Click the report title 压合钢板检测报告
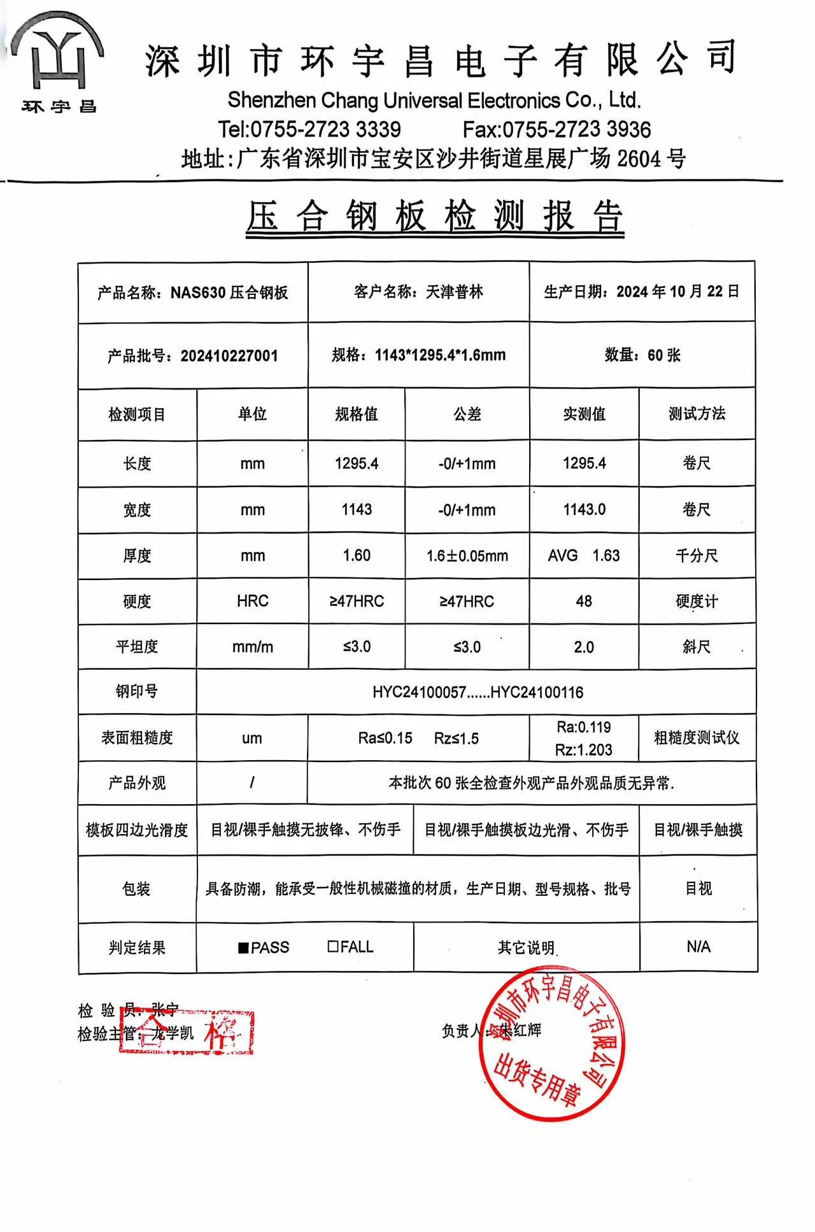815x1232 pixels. coord(434,216)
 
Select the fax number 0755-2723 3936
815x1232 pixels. coord(577,130)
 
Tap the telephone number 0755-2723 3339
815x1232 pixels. coord(325,130)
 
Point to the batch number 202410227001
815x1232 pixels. coord(229,356)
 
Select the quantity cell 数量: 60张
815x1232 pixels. coord(642,355)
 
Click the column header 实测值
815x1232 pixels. coord(584,414)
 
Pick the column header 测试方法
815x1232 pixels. coord(697,414)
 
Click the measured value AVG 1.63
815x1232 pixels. coord(584,556)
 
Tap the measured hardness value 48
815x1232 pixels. coord(584,601)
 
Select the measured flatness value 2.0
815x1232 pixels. coord(584,647)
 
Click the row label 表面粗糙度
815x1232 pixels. coord(137,738)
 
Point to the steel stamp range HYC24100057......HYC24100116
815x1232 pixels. coord(478,692)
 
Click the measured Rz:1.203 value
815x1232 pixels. coord(584,750)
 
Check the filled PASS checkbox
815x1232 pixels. coord(243,947)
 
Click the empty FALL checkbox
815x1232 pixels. coord(333,947)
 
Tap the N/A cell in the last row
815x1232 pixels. coord(698,947)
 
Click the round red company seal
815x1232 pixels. coord(551,1044)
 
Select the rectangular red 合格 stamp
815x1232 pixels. coord(187,1031)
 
